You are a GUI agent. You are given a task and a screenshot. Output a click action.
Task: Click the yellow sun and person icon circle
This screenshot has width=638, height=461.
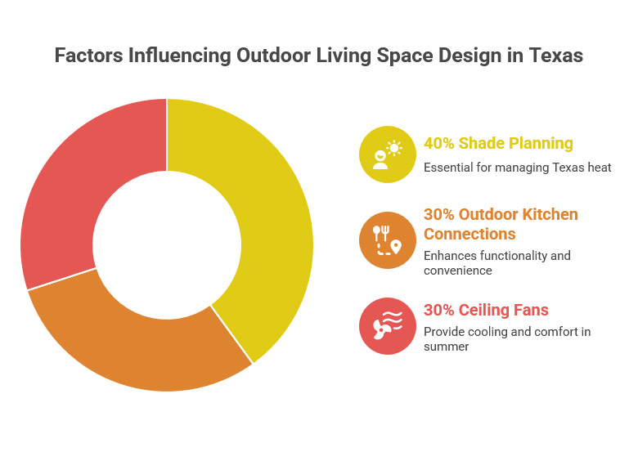tap(387, 154)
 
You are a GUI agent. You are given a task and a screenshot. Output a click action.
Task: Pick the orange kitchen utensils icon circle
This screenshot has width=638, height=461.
tap(387, 239)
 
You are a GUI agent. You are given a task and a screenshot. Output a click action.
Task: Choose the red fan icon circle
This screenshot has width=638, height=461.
tap(387, 326)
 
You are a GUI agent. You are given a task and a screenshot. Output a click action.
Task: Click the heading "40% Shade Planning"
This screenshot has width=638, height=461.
tap(498, 144)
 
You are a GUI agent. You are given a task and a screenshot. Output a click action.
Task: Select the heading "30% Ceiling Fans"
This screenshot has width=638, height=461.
tap(486, 311)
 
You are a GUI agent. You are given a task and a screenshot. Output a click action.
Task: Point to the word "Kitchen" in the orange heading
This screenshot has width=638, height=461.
tap(550, 215)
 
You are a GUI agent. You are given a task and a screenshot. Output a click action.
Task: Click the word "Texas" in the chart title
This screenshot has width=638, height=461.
tap(557, 56)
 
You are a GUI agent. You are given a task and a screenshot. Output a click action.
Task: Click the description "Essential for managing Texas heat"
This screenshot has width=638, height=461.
tap(517, 168)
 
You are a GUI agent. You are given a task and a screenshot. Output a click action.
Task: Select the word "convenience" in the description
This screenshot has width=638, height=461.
tap(457, 271)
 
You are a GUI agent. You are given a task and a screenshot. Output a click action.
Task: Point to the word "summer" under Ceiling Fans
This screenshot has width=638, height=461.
tap(447, 347)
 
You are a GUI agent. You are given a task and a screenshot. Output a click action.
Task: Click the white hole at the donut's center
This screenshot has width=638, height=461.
tap(166, 244)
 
